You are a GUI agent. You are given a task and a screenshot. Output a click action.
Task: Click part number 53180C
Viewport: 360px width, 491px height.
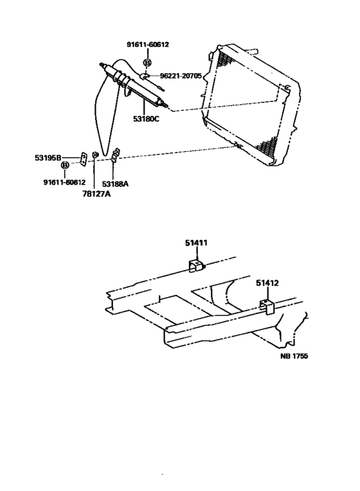(x=146, y=119)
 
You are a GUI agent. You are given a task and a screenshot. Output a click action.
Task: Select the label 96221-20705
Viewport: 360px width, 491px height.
(x=181, y=76)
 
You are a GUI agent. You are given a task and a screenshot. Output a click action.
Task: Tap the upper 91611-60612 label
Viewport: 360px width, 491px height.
(x=148, y=44)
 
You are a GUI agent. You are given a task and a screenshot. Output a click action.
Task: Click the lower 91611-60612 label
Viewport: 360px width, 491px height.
(x=64, y=182)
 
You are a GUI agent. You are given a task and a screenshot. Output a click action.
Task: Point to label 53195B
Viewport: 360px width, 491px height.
(x=48, y=158)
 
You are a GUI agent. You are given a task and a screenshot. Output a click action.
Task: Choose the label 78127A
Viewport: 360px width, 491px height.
(x=96, y=194)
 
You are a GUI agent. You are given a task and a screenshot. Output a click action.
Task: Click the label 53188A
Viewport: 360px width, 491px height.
(x=116, y=184)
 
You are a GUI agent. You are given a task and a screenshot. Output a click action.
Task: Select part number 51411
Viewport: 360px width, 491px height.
(x=196, y=243)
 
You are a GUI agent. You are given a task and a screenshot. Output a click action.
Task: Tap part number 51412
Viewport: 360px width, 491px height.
(x=267, y=283)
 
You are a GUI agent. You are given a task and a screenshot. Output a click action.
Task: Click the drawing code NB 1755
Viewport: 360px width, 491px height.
(x=294, y=356)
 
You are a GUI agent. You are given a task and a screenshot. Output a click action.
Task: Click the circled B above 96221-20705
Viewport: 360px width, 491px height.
(x=147, y=62)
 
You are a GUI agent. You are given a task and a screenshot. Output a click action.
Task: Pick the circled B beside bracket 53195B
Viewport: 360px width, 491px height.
(x=64, y=165)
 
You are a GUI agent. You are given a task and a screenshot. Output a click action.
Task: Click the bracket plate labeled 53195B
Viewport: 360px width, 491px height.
(x=84, y=159)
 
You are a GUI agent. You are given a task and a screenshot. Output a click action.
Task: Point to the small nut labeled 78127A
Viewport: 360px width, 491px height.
(x=95, y=155)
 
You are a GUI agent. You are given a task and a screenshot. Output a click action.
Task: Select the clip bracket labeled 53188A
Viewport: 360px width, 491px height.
(x=116, y=156)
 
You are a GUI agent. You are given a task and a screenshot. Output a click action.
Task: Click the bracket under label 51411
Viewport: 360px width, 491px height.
(x=196, y=266)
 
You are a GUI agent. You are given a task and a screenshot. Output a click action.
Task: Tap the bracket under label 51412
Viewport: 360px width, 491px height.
(x=267, y=307)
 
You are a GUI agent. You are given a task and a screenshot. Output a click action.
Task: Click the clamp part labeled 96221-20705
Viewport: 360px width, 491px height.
(x=145, y=76)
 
